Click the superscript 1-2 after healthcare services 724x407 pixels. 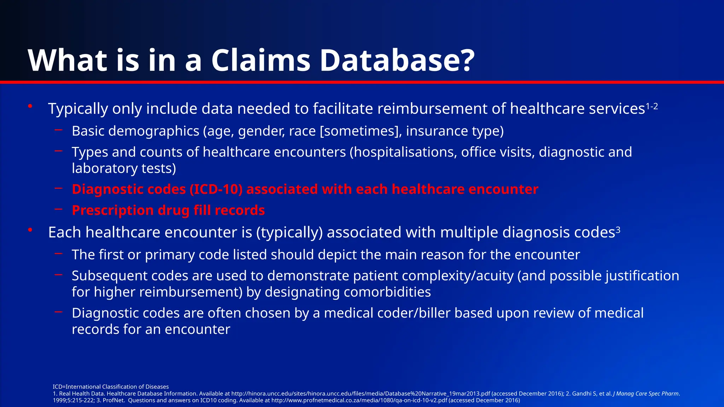tap(652, 106)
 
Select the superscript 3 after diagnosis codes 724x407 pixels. tap(618, 230)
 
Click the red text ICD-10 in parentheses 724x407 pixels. tap(216, 189)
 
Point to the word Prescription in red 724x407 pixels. tap(112, 211)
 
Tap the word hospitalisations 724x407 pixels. tap(403, 152)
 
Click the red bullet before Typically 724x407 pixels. tap(30, 106)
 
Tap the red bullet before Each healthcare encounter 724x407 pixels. tap(30, 230)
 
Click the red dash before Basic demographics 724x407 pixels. tap(59, 130)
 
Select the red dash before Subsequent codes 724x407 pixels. tap(59, 275)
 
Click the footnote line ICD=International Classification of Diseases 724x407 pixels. tap(111, 387)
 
